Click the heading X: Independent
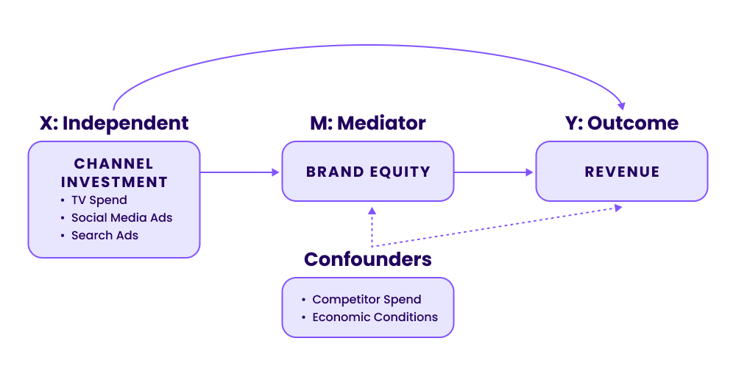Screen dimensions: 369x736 point(114,123)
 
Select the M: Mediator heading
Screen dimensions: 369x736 point(367,123)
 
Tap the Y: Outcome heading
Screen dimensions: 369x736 point(622,123)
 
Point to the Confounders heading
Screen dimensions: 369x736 point(367,259)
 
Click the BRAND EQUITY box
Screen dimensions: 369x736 point(368,172)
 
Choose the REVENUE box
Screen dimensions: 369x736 point(622,172)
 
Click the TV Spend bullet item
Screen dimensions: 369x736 point(99,200)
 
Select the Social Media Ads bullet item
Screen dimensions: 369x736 point(121,218)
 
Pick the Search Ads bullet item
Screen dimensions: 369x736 point(105,236)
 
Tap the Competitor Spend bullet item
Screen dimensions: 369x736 point(367,300)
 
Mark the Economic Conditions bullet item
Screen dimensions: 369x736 point(375,317)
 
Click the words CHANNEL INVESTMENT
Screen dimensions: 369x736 point(114,172)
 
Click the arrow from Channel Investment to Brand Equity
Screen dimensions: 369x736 point(239,172)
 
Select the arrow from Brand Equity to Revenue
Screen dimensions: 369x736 point(493,172)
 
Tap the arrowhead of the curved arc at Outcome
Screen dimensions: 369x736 point(623,105)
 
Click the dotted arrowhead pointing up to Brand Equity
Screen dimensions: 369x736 point(372,211)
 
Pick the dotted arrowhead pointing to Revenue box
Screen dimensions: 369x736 point(618,208)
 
